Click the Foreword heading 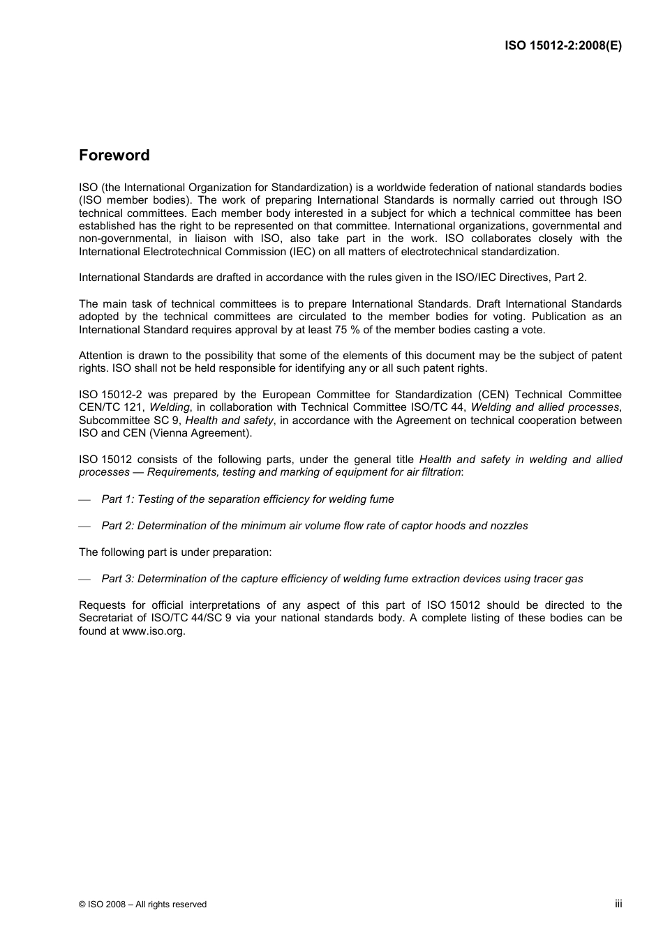pos(114,156)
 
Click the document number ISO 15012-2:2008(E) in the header pos(563,46)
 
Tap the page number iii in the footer pos(618,903)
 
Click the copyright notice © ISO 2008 pos(142,904)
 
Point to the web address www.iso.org pos(153,631)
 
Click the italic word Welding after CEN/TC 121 pos(169,407)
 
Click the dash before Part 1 pos(84,500)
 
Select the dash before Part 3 pos(84,580)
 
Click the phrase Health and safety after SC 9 pos(229,421)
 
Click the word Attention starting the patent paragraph pos(100,356)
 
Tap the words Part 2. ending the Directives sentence pos(570,278)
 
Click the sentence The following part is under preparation pos(175,552)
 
